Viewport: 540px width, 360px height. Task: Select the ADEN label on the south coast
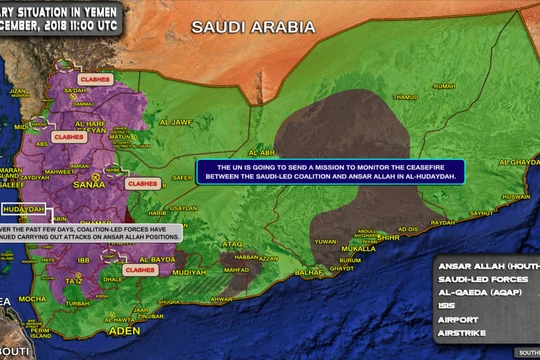(x=125, y=329)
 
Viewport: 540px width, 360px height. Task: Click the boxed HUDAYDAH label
(x=24, y=210)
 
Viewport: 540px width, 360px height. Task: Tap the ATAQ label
(x=232, y=243)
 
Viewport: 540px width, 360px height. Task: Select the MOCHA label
(x=32, y=298)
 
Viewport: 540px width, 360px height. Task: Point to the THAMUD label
(x=406, y=97)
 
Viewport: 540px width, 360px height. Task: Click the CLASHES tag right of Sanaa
(x=139, y=184)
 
